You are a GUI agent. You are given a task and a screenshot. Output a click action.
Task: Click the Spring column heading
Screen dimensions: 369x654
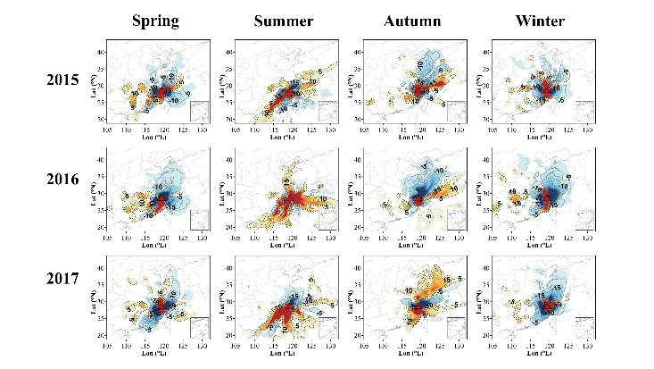pyautogui.click(x=156, y=21)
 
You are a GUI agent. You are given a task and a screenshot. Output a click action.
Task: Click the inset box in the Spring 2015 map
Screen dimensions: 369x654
pyautogui.click(x=199, y=111)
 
